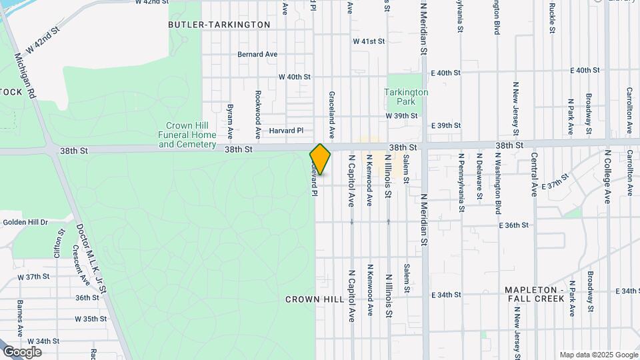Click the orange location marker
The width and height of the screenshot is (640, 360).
tap(320, 159)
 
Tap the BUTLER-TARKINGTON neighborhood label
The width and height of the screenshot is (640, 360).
tap(219, 25)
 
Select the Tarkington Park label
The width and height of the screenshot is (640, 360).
tap(406, 97)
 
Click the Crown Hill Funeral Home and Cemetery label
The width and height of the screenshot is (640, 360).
tap(187, 135)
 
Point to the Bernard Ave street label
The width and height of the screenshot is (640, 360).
tap(257, 54)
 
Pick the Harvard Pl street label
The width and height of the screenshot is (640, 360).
tap(286, 131)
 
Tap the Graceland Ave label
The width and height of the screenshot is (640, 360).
tap(331, 113)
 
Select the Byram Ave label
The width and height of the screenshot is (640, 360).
tap(230, 116)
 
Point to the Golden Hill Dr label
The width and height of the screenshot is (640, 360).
tap(25, 222)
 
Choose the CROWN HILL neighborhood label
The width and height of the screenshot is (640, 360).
tap(313, 300)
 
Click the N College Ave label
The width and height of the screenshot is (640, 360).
tap(607, 176)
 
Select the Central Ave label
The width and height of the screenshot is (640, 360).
tap(534, 174)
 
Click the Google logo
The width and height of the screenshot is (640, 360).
tap(22, 352)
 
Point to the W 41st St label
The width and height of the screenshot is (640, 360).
tap(369, 41)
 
